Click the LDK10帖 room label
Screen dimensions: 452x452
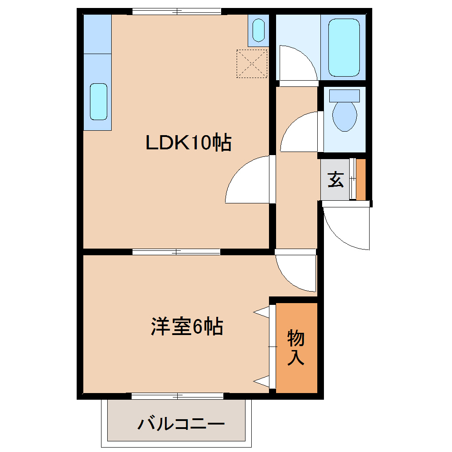[x=189, y=142]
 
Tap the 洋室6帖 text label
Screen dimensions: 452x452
[x=187, y=327]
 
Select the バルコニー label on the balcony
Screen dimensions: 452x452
[x=181, y=424]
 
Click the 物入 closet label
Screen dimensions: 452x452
[x=296, y=347]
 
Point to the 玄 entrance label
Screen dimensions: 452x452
[x=335, y=179]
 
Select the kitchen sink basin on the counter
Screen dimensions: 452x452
[x=98, y=101]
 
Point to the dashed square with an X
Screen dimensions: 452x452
[x=252, y=63]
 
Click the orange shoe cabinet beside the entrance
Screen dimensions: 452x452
[x=361, y=179]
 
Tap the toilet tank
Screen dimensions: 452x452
[x=345, y=95]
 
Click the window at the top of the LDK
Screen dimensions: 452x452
[x=176, y=12]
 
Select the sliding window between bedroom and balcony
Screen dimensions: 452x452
[x=177, y=396]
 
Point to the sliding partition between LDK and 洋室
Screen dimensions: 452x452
[x=176, y=252]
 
